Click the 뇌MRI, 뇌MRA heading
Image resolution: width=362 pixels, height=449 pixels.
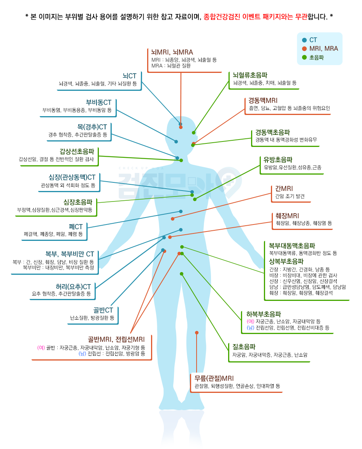[x=172, y=52]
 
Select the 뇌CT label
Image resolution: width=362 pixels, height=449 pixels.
[x=130, y=76]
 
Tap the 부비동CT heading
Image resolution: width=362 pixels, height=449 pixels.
[x=98, y=103]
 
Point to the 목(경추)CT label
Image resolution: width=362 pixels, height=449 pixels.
[x=92, y=127]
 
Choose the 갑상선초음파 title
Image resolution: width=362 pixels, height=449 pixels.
[x=77, y=151]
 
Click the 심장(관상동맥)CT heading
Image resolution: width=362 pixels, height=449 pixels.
[x=72, y=177]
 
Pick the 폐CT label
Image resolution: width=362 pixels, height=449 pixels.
[x=76, y=227]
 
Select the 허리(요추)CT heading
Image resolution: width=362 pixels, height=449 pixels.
[x=73, y=286]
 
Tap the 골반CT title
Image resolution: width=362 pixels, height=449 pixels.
[x=103, y=310]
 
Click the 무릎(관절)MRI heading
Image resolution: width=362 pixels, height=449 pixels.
[x=214, y=378]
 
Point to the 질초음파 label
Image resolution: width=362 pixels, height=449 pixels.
[x=244, y=347]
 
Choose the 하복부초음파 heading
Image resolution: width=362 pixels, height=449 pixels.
[x=264, y=314]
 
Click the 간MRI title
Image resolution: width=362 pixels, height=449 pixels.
[x=284, y=188]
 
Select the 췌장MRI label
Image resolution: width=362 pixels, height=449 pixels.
[x=287, y=216]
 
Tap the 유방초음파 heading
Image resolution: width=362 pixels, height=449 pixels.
[x=278, y=160]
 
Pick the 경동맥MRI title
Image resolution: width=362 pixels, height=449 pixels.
[x=263, y=101]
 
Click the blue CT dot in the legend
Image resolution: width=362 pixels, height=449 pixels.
[x=304, y=40]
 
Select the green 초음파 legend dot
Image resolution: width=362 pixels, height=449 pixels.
[x=304, y=58]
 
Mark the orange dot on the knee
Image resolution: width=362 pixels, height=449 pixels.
[x=197, y=333]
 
